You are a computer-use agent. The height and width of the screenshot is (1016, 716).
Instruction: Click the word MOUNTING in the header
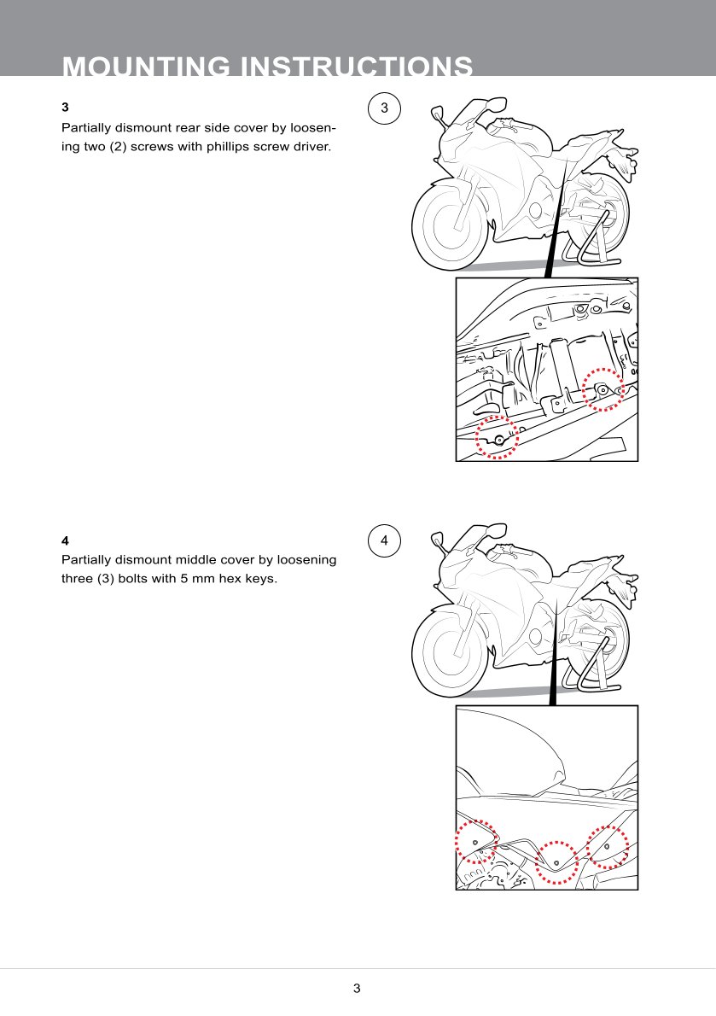coord(146,67)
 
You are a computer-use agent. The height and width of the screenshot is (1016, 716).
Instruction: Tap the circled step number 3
coord(385,108)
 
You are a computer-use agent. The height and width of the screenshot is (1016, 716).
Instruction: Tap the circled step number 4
coord(385,540)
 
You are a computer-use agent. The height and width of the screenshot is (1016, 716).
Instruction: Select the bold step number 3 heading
coord(65,107)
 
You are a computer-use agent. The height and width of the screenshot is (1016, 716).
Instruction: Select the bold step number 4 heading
coord(65,540)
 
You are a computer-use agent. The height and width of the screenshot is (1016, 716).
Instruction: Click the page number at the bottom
coord(357,988)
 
